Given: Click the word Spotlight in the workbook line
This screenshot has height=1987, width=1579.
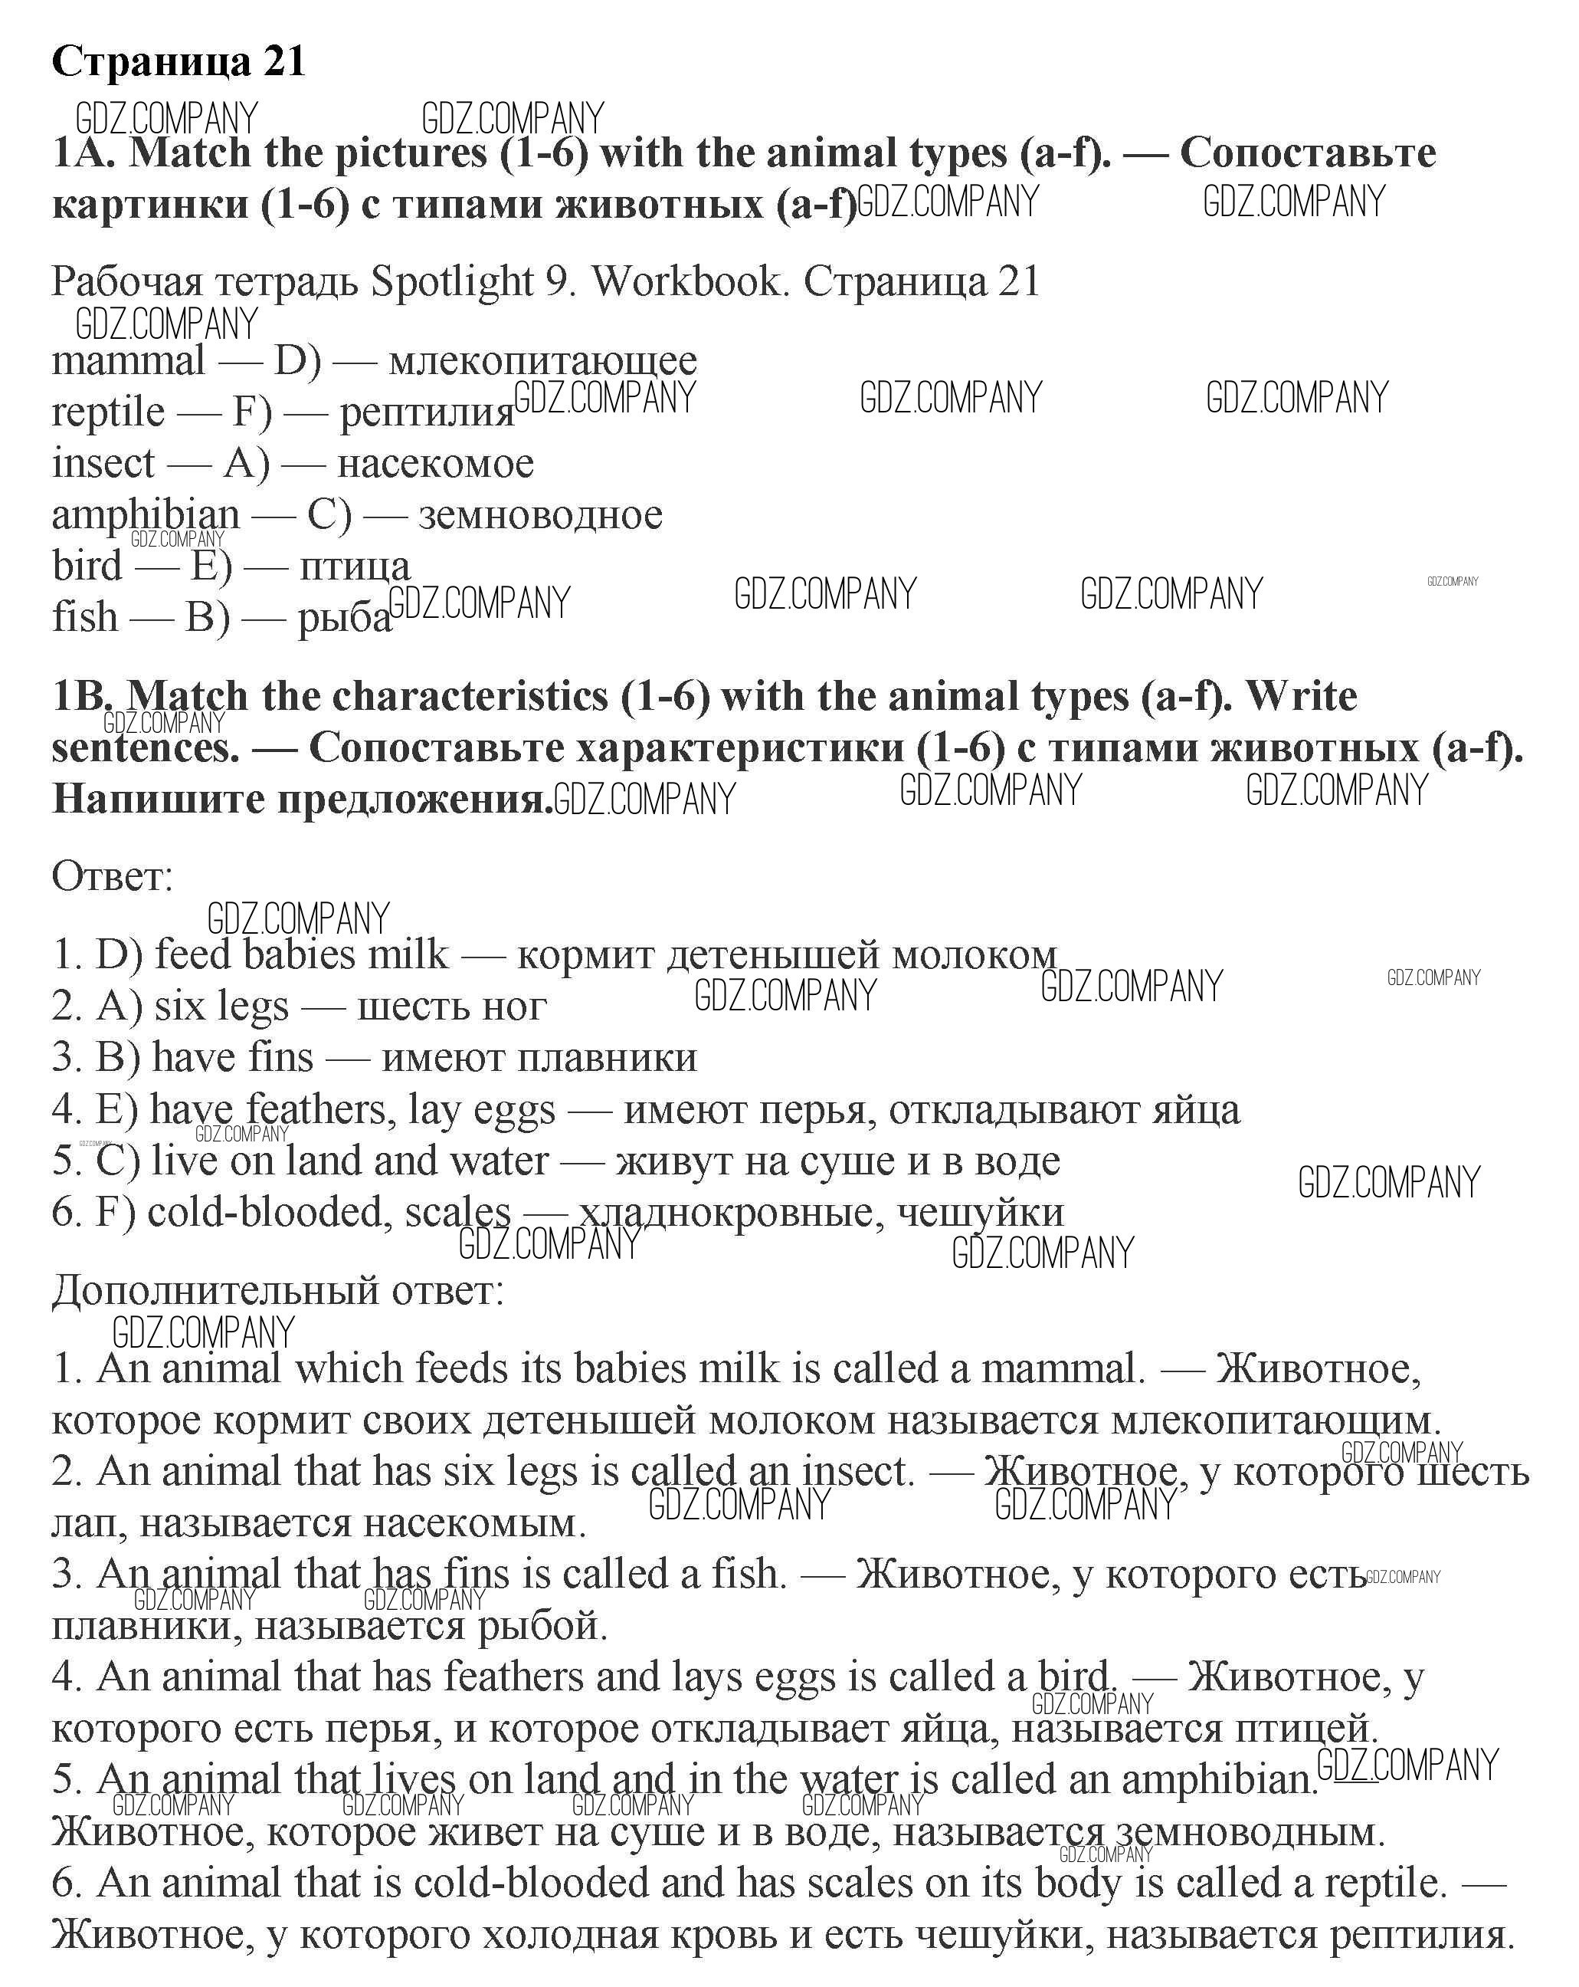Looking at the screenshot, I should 452,281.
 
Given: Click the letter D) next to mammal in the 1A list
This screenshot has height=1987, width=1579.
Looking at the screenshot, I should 297,360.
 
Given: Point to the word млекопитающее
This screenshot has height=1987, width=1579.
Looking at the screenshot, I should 542,360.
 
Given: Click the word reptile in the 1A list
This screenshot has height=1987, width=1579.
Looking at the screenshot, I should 108,412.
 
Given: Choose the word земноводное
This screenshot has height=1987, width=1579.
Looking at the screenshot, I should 540,514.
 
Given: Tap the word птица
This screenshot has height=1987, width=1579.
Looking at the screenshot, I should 355,566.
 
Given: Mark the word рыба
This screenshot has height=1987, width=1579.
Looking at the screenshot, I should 344,617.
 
